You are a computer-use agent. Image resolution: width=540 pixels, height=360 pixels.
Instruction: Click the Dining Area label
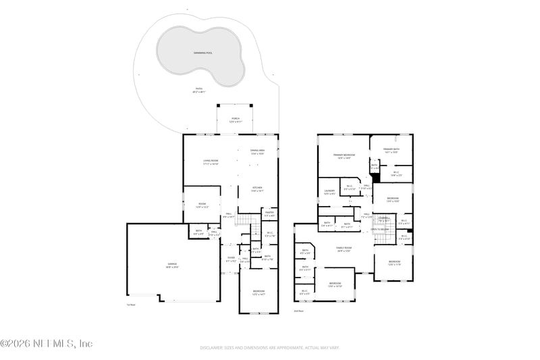[257, 151]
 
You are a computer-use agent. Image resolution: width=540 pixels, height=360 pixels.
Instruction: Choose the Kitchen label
[257, 189]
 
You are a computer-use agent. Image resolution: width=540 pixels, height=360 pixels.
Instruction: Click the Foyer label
[230, 257]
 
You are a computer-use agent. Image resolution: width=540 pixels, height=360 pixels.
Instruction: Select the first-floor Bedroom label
[259, 293]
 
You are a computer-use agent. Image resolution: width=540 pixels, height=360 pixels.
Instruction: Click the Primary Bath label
[391, 150]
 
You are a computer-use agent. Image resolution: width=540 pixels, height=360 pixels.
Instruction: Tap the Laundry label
[329, 192]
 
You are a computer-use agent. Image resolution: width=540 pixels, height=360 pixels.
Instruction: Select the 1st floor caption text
[131, 305]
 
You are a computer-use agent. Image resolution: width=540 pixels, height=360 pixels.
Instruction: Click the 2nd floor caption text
[298, 311]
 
